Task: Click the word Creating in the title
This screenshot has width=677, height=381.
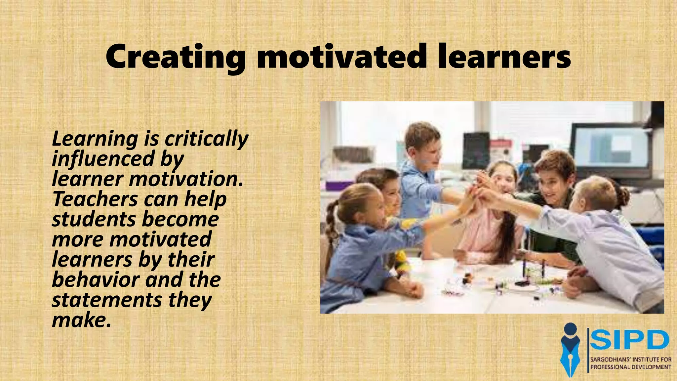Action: [x=175, y=57]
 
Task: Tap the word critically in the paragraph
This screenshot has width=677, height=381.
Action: [x=206, y=139]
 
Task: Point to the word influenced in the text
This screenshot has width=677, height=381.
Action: [x=103, y=159]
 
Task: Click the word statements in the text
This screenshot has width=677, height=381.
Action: [x=107, y=300]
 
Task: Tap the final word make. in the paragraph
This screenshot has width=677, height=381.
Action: [x=81, y=320]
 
